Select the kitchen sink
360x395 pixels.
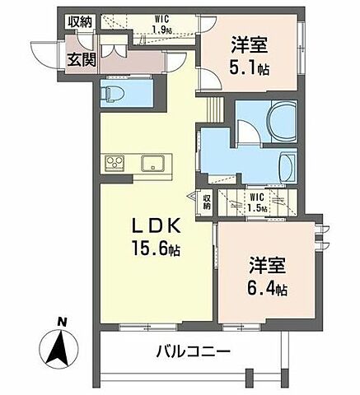pyautogui.click(x=152, y=162)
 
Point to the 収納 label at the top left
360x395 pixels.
pyautogui.click(x=81, y=21)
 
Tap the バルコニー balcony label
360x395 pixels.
pyautogui.click(x=193, y=353)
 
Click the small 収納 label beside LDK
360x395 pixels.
pyautogui.click(x=206, y=202)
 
